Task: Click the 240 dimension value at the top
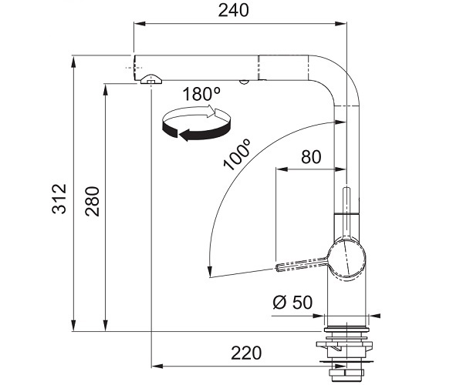click(233, 11)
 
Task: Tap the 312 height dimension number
click(59, 199)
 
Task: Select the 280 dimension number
click(93, 201)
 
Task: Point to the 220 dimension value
click(246, 353)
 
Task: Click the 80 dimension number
click(311, 157)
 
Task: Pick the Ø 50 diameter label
click(292, 303)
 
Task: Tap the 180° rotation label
click(201, 94)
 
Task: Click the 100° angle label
click(237, 155)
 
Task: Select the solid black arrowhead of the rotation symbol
click(185, 136)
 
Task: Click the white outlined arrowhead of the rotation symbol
click(211, 111)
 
